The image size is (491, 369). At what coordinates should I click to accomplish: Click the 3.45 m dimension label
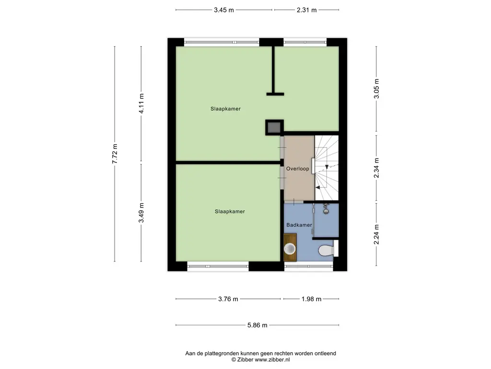click(224, 10)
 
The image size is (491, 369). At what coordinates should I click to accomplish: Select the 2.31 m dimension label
click(307, 10)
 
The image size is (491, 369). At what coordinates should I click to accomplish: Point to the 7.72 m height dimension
click(115, 154)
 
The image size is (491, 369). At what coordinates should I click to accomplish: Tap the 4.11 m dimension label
click(141, 104)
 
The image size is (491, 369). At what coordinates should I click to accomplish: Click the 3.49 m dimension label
click(141, 213)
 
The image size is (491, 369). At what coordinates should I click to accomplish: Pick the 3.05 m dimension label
click(376, 89)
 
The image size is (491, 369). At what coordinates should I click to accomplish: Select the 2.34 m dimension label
click(376, 168)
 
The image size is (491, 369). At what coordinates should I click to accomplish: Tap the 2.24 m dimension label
click(376, 234)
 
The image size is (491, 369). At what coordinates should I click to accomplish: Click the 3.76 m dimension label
click(228, 299)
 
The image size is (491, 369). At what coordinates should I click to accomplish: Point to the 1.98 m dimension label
click(312, 299)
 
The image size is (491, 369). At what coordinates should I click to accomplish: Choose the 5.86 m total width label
click(257, 325)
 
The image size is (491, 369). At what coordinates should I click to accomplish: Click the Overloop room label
click(297, 169)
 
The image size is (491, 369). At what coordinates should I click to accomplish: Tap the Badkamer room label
click(299, 225)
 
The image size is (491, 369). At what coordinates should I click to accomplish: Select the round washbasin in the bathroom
click(290, 249)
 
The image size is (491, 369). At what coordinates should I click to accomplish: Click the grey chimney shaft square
click(274, 127)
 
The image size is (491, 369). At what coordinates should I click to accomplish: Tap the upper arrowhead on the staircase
click(327, 167)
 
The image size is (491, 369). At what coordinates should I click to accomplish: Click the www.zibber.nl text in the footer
click(272, 360)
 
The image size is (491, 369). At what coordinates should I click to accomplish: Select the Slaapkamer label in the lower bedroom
click(230, 211)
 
